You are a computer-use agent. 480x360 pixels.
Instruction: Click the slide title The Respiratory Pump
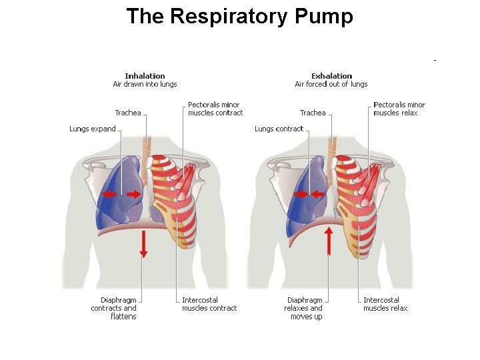[x=239, y=16]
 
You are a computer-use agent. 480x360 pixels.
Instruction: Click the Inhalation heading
[x=145, y=76]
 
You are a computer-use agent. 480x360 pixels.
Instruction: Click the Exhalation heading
[x=331, y=76]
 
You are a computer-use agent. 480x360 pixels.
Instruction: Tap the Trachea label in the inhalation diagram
[x=128, y=113]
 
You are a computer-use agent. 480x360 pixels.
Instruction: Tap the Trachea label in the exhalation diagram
[x=313, y=113]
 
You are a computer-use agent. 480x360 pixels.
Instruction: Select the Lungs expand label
[x=93, y=129]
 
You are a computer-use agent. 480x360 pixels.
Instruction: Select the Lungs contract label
[x=279, y=129]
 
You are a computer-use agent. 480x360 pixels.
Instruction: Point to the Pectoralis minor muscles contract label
[x=215, y=109]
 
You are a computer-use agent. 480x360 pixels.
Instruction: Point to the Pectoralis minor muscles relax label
[x=399, y=109]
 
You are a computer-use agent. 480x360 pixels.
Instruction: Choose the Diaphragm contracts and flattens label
[x=114, y=308]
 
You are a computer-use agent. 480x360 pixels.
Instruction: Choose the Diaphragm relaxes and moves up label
[x=303, y=308]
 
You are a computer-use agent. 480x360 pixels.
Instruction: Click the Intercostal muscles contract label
[x=209, y=304]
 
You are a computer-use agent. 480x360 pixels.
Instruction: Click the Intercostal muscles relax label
[x=385, y=304]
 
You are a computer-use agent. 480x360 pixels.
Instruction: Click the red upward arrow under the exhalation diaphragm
[x=329, y=241]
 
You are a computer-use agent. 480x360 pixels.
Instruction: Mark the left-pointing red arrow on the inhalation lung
[x=109, y=194]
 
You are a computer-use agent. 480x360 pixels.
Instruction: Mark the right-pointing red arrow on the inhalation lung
[x=133, y=194]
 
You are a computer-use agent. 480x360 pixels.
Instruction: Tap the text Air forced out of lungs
[x=331, y=84]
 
